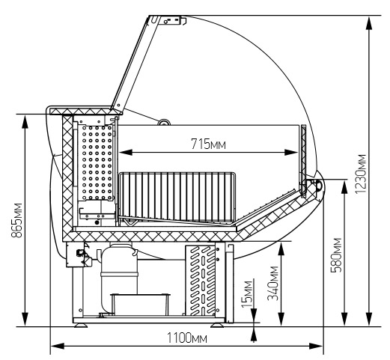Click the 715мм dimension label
[x=208, y=144]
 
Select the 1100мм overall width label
[x=187, y=338]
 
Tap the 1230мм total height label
[x=361, y=174]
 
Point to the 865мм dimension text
[x=17, y=220]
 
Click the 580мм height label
[x=335, y=255]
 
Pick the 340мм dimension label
[x=272, y=284]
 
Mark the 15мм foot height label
[x=247, y=294]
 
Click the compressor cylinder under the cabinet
[x=119, y=278]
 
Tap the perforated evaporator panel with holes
[x=96, y=162]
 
